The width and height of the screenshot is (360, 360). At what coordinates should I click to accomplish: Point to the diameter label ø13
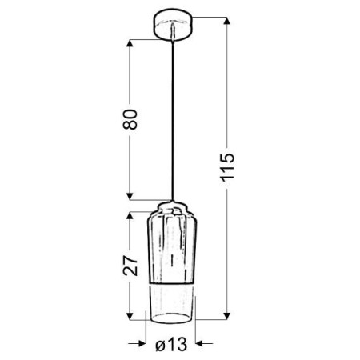point(170,346)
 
